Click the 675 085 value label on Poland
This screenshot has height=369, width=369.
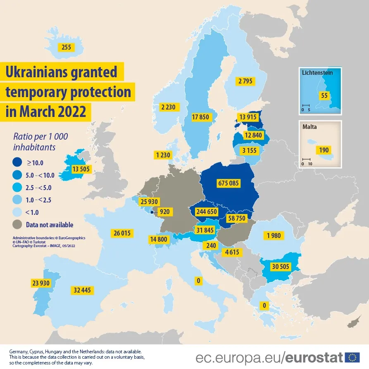(x=228, y=183)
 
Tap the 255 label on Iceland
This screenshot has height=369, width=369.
(x=66, y=47)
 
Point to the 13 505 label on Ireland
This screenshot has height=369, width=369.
(x=81, y=169)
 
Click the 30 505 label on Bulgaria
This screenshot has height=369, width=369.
(x=280, y=267)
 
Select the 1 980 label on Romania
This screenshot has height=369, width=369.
(x=274, y=236)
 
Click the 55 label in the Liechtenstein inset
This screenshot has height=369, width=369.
(x=324, y=95)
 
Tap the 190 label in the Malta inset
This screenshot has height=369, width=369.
(x=324, y=150)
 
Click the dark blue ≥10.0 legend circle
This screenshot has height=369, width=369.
(x=18, y=162)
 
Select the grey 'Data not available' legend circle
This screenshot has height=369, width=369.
(x=18, y=225)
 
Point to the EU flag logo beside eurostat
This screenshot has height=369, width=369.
(x=352, y=357)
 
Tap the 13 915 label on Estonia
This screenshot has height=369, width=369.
(x=248, y=117)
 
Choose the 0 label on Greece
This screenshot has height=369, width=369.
(x=263, y=306)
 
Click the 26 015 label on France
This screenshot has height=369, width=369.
(x=121, y=233)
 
